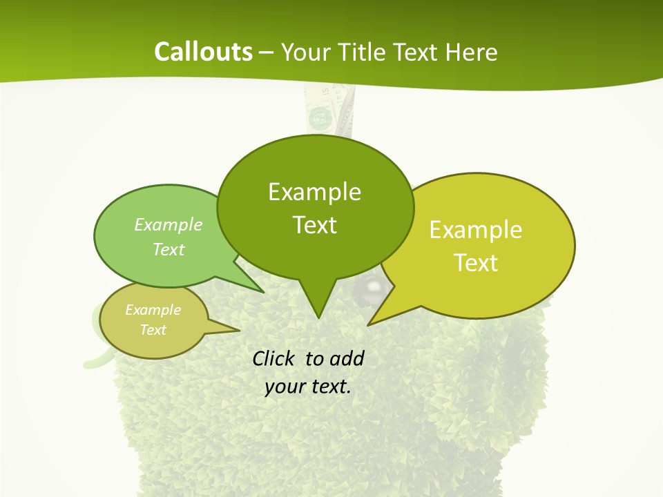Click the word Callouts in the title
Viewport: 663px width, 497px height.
point(204,52)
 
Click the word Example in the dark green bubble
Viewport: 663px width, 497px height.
point(314,192)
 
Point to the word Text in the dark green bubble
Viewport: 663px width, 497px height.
point(314,225)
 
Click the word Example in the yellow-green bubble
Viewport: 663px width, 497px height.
point(476,230)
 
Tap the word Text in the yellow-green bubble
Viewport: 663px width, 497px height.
point(476,263)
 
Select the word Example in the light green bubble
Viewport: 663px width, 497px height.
point(169,224)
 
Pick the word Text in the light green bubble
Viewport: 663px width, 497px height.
point(169,249)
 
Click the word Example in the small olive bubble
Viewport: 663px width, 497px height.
point(153,310)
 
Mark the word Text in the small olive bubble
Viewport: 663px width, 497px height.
point(153,330)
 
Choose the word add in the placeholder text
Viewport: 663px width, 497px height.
point(346,358)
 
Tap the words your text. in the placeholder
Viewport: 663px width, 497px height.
point(308,387)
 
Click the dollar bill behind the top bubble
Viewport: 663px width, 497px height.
point(325,110)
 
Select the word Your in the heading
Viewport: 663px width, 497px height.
point(305,52)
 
